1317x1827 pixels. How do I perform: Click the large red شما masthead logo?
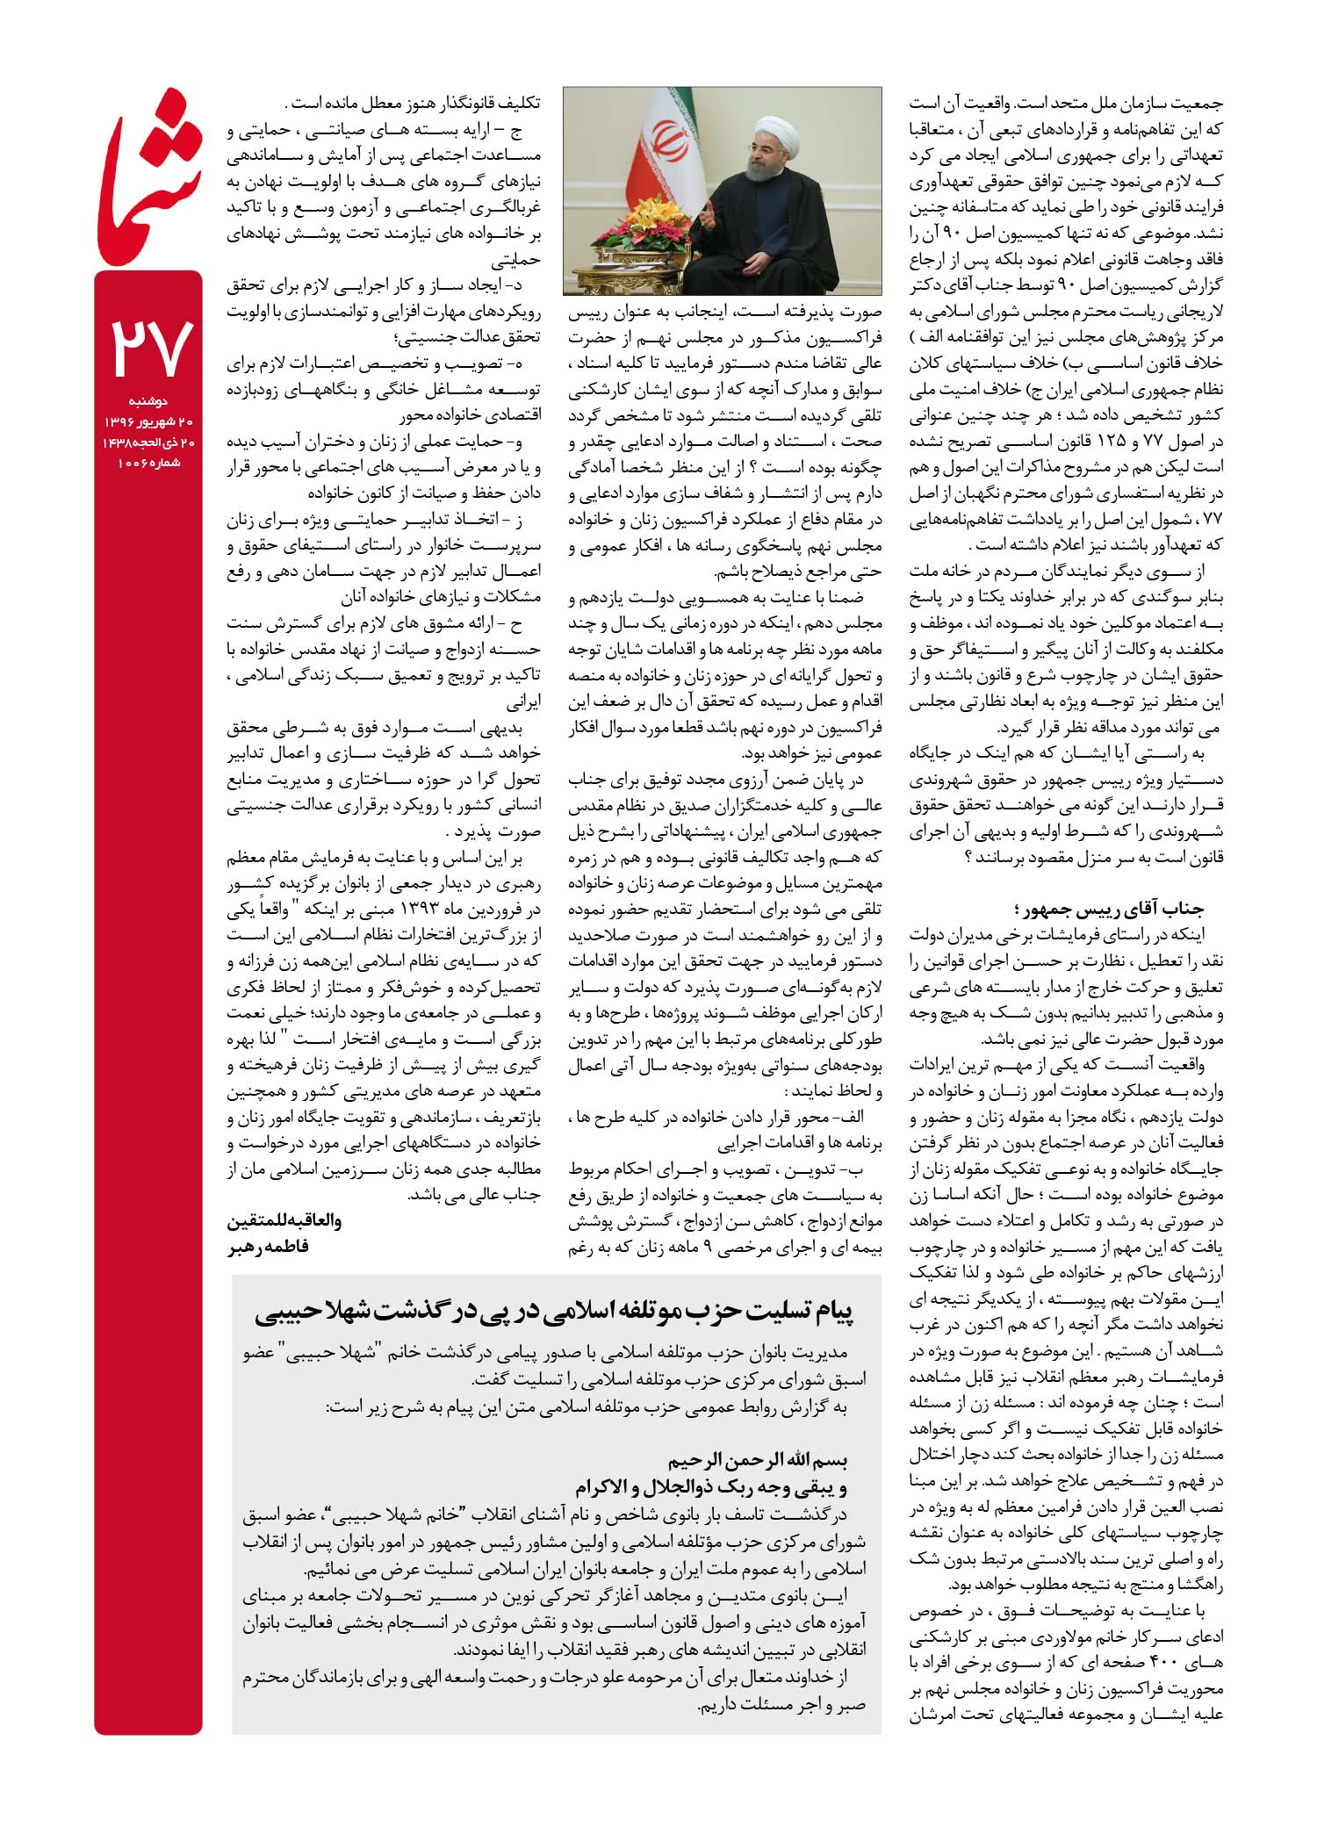tap(148, 180)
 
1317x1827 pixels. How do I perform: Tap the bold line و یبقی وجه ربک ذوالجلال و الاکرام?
tap(711, 1487)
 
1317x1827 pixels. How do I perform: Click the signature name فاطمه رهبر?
tap(269, 1246)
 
